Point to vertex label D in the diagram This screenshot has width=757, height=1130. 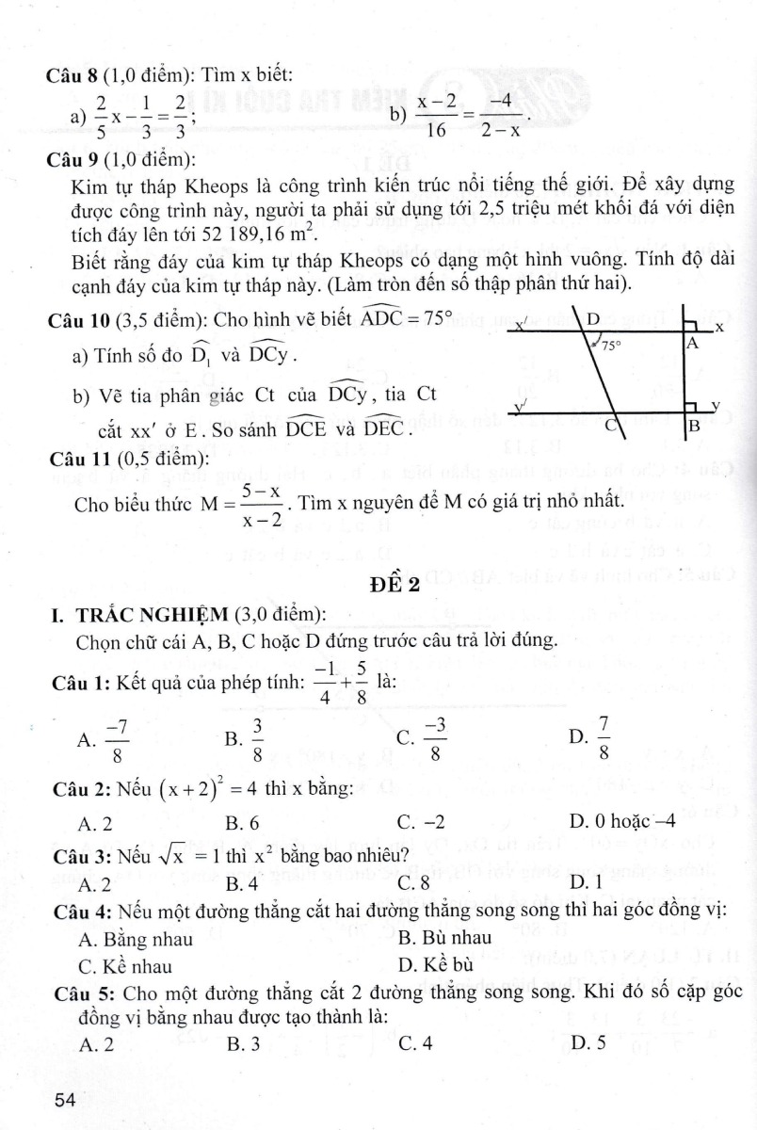point(593,320)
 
